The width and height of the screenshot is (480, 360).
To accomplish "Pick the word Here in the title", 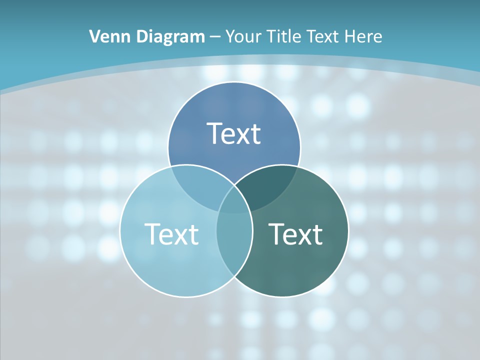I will pos(365,36).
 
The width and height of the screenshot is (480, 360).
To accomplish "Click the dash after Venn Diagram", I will pos(215,37).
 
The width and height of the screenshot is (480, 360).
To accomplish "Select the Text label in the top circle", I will pos(234,133).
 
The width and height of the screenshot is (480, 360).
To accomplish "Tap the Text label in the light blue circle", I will pos(171,233).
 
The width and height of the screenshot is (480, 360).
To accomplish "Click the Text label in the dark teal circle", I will pos(295,233).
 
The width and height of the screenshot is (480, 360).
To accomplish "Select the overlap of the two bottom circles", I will pos(234,245).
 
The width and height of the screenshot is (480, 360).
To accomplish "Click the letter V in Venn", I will pos(94,36).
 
